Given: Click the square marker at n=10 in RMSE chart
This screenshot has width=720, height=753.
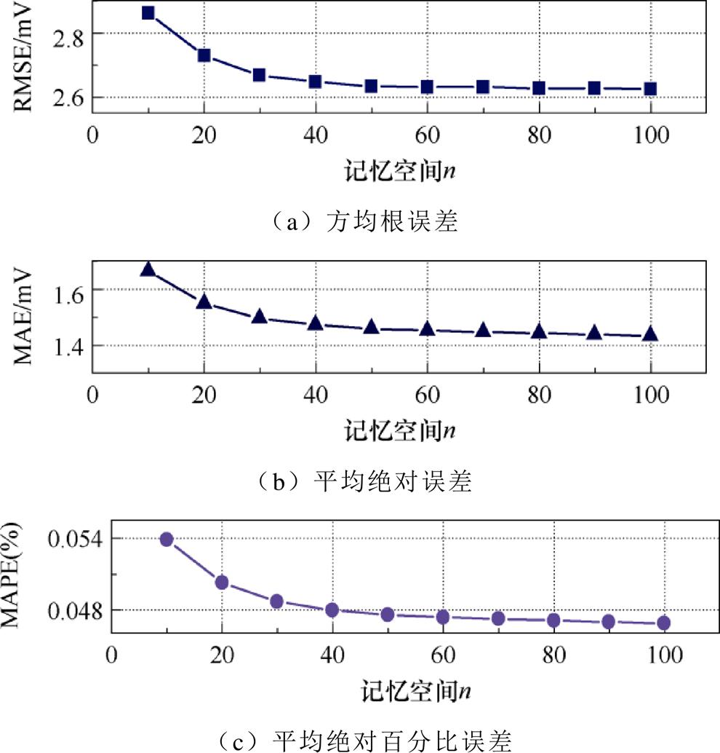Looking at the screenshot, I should (148, 13).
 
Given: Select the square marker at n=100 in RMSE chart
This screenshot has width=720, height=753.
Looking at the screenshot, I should (650, 89).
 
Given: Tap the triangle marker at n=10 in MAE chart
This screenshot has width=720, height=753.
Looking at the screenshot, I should (148, 269).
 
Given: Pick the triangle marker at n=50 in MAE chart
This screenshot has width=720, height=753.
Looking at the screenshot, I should (372, 327).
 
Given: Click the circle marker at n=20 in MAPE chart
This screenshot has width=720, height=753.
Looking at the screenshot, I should (222, 582).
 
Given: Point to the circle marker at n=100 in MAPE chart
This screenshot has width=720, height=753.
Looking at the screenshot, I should (663, 623).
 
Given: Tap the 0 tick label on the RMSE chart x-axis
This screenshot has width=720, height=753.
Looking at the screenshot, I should (92, 135).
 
